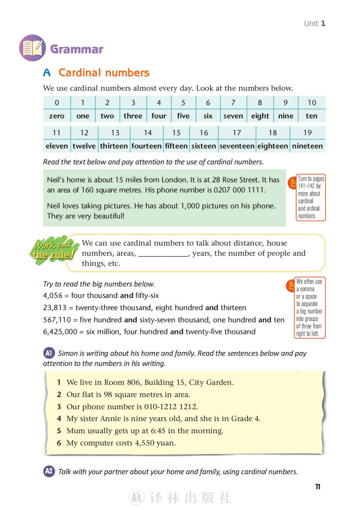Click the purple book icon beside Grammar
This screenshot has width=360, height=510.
[32, 48]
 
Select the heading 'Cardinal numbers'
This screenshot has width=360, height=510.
[104, 73]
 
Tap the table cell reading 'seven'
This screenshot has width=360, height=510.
[233, 116]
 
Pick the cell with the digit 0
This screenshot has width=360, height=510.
[57, 103]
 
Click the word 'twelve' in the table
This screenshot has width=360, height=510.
[84, 146]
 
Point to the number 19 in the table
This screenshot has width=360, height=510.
[307, 133]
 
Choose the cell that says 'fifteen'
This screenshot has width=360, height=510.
[176, 146]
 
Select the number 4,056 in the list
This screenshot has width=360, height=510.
[53, 296]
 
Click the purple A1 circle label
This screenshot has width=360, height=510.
[49, 353]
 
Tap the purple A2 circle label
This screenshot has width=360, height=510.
[49, 471]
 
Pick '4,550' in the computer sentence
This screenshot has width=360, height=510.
[145, 443]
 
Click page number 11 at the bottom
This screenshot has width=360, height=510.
[318, 487]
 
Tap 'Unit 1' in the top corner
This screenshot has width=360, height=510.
[314, 23]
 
